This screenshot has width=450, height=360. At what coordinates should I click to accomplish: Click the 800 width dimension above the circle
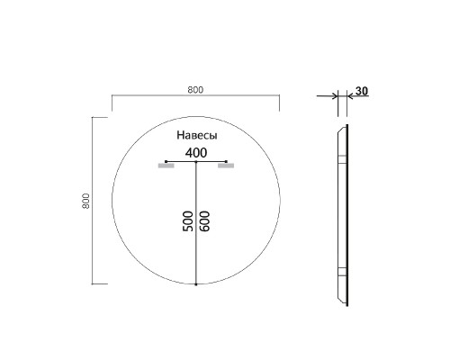(195, 88)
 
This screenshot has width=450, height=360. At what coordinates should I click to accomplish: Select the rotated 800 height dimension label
(86, 202)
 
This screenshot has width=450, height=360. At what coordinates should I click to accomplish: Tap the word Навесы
(195, 135)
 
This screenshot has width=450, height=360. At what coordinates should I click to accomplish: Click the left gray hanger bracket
(166, 166)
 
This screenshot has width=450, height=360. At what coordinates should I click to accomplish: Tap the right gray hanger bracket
(226, 166)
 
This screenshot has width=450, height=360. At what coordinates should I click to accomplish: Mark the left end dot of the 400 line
(166, 161)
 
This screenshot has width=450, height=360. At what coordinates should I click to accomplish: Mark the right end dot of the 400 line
(226, 161)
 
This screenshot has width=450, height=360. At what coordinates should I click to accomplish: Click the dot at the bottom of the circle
(196, 284)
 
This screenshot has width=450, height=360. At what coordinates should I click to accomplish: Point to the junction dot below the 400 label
(196, 162)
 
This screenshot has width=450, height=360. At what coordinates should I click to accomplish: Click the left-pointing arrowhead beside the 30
(331, 94)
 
